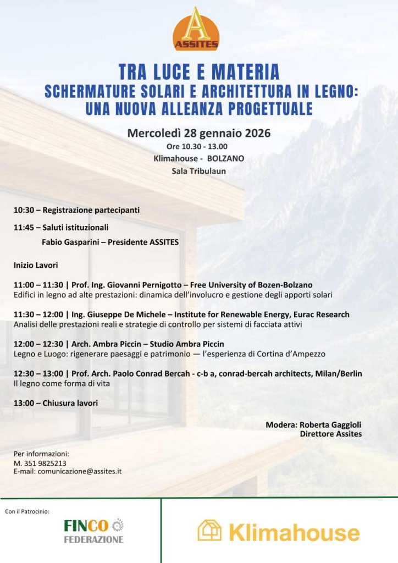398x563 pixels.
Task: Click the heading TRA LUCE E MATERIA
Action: tap(199, 72)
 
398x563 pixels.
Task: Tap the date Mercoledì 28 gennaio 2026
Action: tap(199, 133)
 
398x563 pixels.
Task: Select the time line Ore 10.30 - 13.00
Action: tap(197, 147)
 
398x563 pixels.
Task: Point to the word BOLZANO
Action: tap(225, 159)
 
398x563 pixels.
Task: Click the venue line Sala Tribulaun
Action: tap(199, 171)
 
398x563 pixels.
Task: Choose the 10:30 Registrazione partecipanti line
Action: tap(76, 210)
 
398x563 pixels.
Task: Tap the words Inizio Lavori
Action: tap(36, 265)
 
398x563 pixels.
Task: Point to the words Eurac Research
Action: tap(323, 314)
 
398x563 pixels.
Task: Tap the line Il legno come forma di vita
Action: tap(61, 383)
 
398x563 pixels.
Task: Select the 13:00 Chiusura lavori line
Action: tap(56, 403)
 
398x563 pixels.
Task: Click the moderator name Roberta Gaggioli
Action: tap(329, 425)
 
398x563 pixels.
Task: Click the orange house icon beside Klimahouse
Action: tap(209, 531)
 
